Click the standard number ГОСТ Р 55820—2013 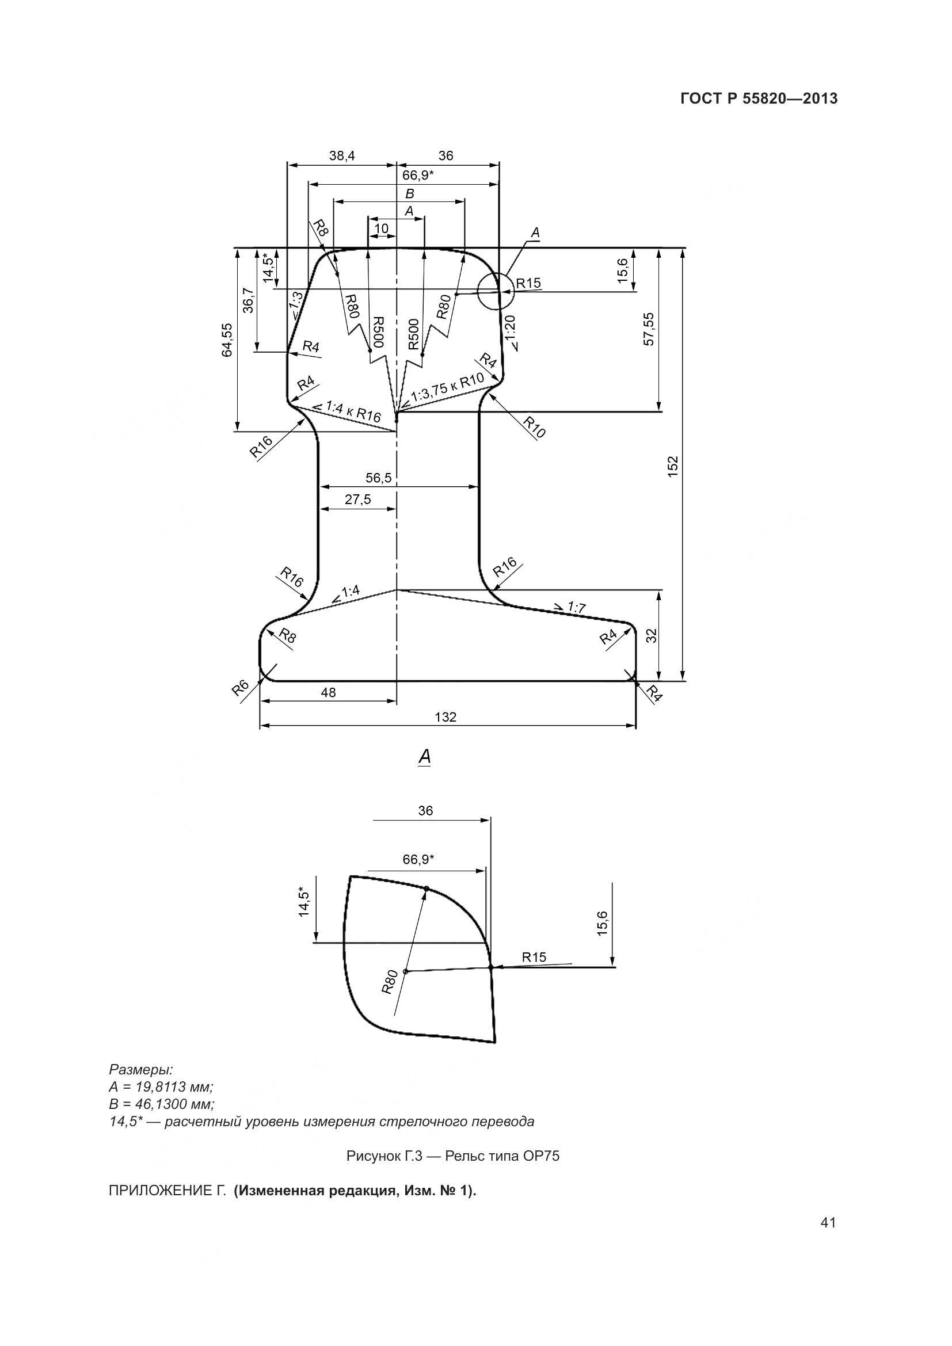point(759,99)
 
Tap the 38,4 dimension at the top point(342,155)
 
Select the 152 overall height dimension point(673,465)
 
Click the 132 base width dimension point(445,717)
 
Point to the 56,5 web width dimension point(379,478)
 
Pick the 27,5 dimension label point(357,499)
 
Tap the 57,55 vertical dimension point(649,329)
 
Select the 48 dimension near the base point(328,692)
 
